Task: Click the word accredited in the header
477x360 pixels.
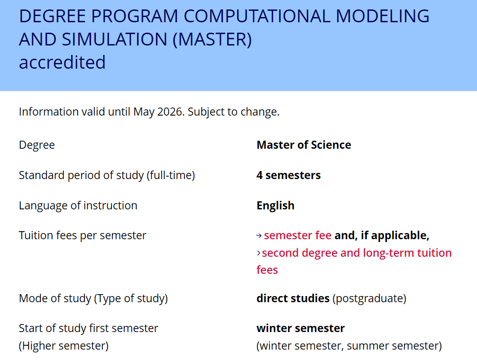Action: [62, 62]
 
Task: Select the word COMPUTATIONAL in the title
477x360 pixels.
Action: [257, 16]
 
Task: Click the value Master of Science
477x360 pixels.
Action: [303, 145]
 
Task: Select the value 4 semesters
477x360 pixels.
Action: [288, 175]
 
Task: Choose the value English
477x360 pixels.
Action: [275, 206]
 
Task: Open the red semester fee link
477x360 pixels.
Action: [297, 235]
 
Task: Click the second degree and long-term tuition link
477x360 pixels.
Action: [357, 253]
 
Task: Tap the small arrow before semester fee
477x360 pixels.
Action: [259, 236]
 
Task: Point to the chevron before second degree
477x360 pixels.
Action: [258, 253]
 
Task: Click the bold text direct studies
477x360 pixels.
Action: [293, 298]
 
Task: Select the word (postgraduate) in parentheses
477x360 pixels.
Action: [369, 298]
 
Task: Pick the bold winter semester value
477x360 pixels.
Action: [301, 328]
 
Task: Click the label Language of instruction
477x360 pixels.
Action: [78, 206]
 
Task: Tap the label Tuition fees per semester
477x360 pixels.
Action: [83, 236]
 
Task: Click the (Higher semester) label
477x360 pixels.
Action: [64, 346]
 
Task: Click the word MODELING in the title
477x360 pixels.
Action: [382, 16]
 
